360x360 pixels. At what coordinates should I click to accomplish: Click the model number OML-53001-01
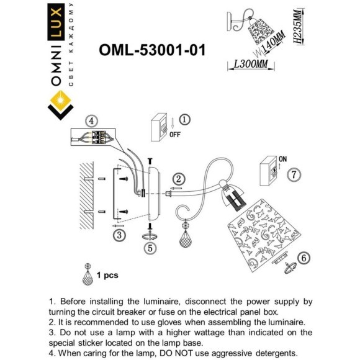click(x=152, y=50)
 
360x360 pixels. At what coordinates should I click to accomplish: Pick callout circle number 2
click(x=178, y=180)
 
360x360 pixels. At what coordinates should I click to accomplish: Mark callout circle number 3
click(x=119, y=235)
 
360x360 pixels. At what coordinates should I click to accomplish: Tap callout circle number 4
click(x=92, y=122)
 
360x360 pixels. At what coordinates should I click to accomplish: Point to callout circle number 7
click(x=294, y=175)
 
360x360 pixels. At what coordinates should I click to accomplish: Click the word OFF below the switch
click(x=176, y=133)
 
